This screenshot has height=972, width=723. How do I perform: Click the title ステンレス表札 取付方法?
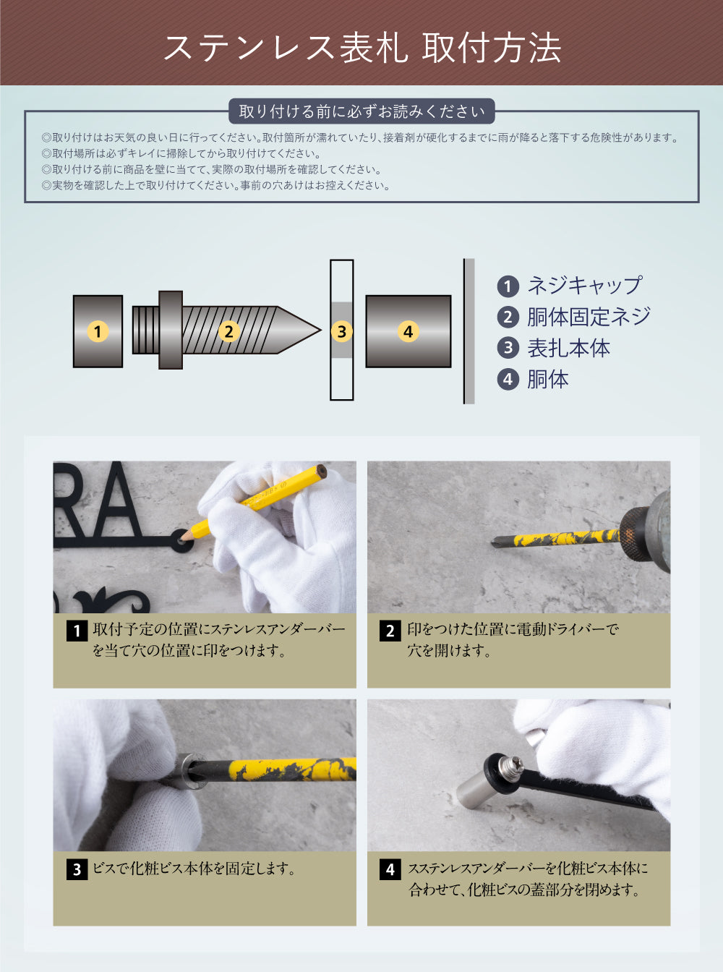(x=361, y=48)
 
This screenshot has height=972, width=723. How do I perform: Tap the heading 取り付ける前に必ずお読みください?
(x=361, y=111)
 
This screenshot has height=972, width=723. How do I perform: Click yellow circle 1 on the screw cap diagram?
(x=98, y=332)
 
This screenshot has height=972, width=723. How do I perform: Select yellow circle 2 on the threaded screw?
(x=228, y=332)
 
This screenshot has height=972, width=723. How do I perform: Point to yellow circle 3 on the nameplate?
(x=341, y=332)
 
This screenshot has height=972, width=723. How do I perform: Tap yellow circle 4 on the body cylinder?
(x=408, y=332)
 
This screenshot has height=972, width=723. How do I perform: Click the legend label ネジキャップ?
(x=584, y=286)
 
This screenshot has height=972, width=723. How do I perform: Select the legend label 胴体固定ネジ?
(x=589, y=317)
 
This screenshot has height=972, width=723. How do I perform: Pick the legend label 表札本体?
(x=568, y=348)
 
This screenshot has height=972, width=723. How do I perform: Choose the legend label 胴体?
(x=547, y=379)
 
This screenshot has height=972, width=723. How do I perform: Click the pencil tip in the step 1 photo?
(x=182, y=537)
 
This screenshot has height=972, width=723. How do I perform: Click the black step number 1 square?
(x=77, y=631)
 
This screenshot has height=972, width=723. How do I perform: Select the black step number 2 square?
(x=390, y=631)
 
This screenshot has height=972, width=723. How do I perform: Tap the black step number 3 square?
(x=77, y=869)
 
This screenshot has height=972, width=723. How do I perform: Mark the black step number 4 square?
(x=390, y=869)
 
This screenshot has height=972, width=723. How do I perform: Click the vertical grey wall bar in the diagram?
(x=469, y=331)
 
